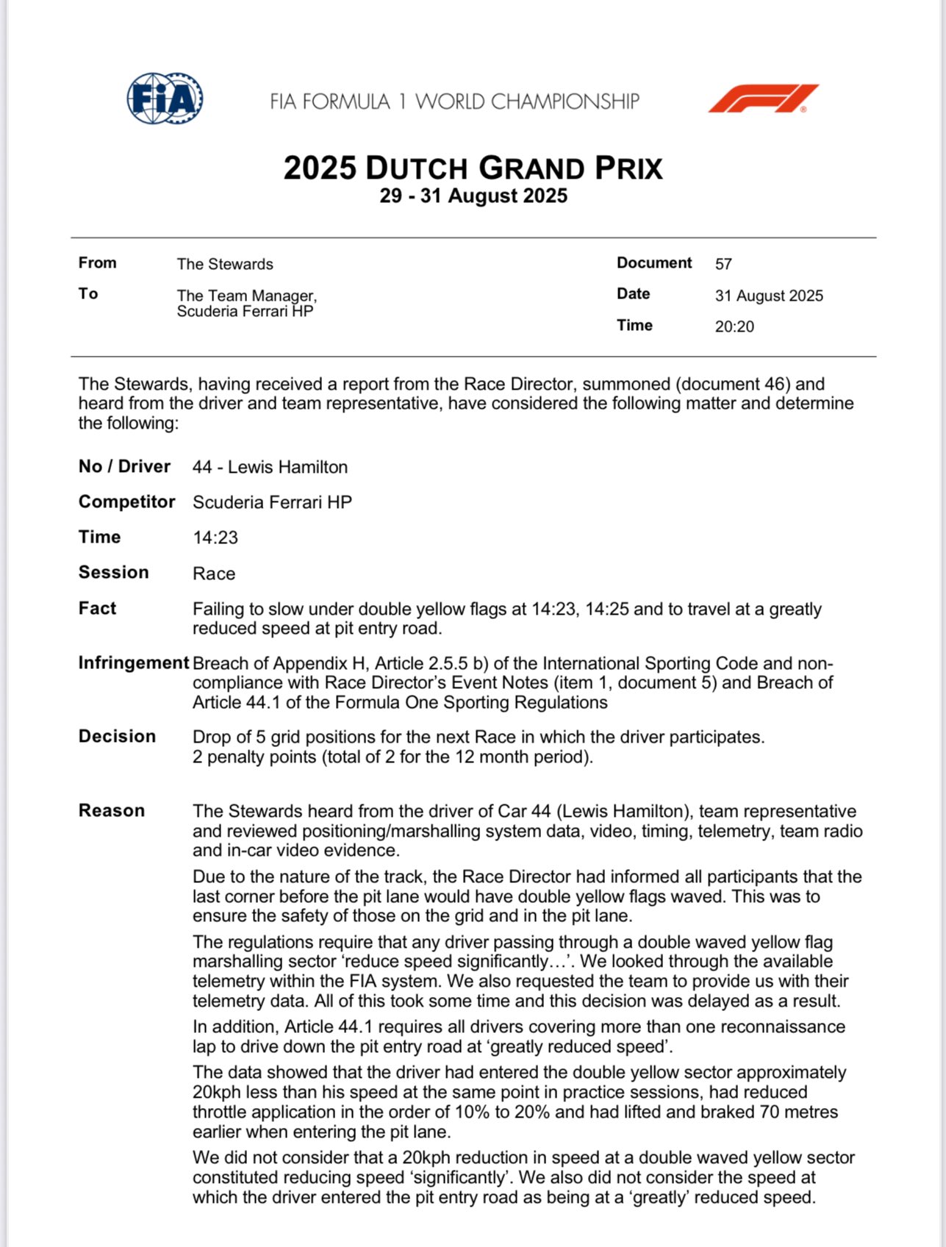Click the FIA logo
pos(165,99)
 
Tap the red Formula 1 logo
pos(763,99)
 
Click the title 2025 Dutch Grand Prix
pos(473,168)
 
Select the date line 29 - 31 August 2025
pos(473,196)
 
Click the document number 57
pos(723,264)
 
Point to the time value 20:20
pos(734,326)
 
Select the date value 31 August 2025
pos(769,296)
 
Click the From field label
pos(97,263)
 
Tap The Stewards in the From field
pos(225,264)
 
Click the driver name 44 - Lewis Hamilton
pos(270,467)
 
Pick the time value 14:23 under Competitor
pos(215,537)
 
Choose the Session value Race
pos(214,574)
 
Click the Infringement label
pos(133,662)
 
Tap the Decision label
pos(117,737)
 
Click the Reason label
pos(112,810)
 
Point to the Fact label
pos(97,608)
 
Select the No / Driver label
pos(124,466)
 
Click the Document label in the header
pos(654,263)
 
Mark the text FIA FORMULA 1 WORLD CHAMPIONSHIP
pos(454,101)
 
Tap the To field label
pos(88,294)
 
